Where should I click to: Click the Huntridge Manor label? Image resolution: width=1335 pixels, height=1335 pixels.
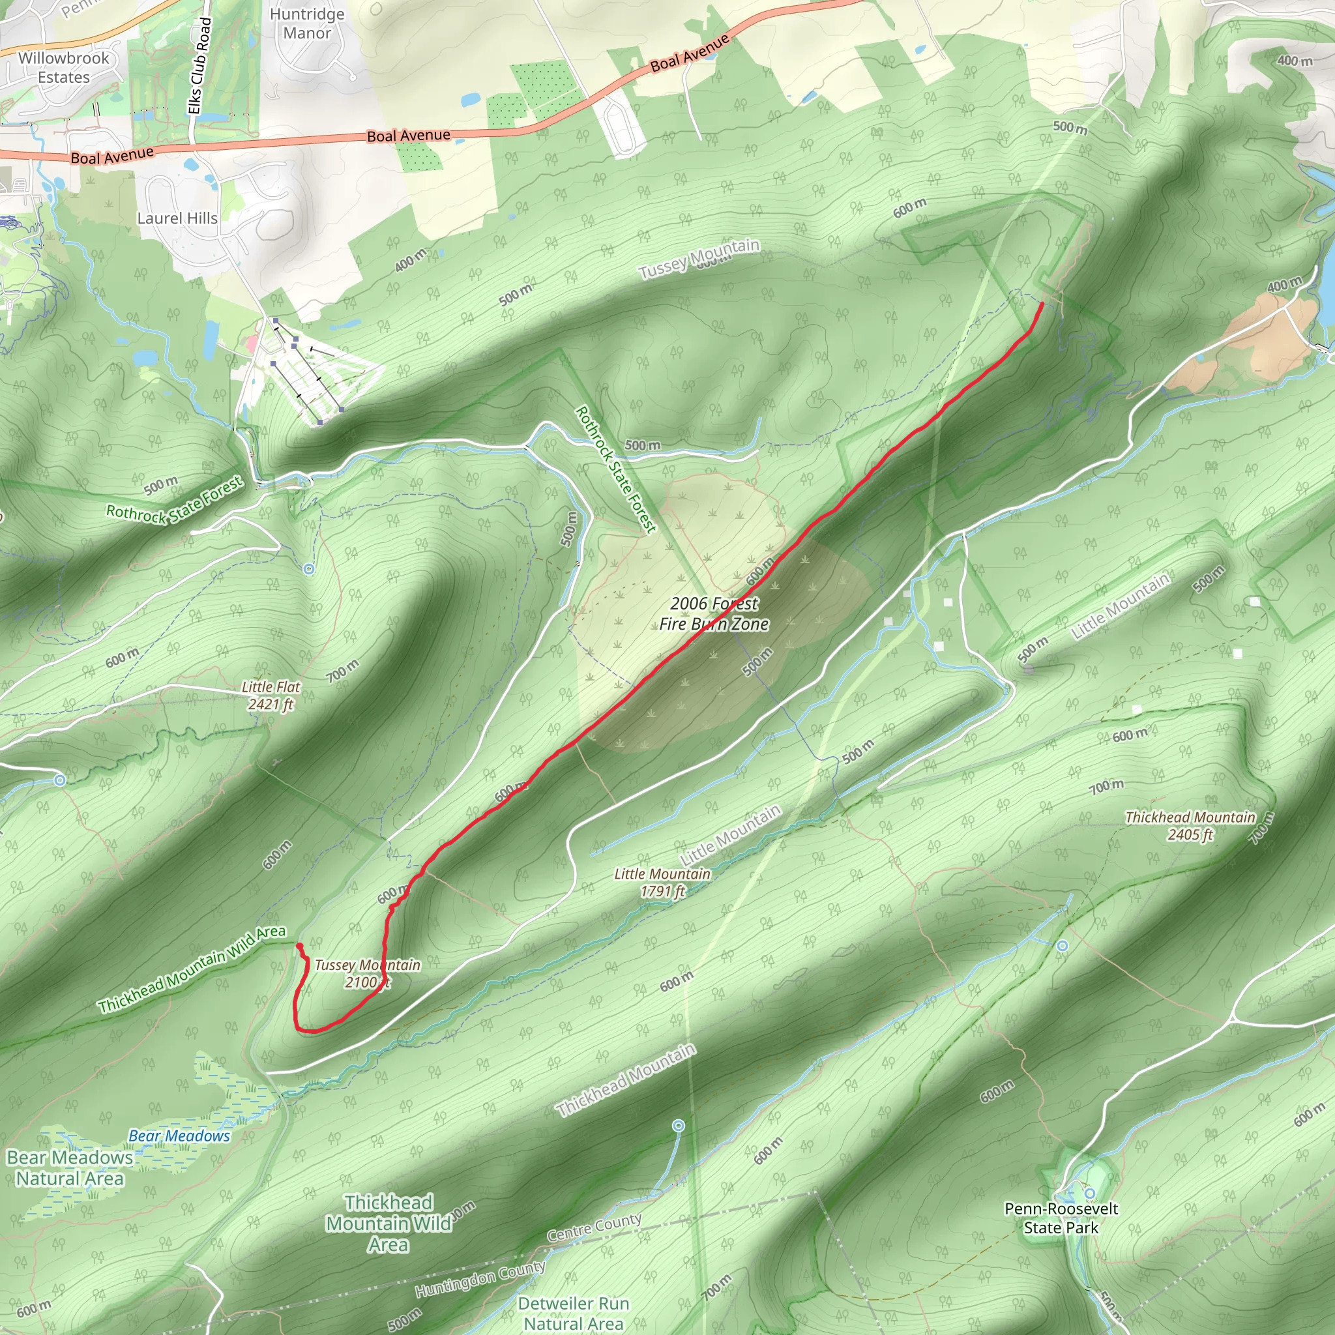(x=307, y=23)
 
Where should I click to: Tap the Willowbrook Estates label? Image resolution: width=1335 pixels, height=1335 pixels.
(x=64, y=68)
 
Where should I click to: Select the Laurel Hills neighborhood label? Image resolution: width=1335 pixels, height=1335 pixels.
(x=177, y=218)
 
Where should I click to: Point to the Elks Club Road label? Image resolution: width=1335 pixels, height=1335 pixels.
(x=199, y=66)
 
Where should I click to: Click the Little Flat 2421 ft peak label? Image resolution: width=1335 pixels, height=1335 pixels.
(x=271, y=695)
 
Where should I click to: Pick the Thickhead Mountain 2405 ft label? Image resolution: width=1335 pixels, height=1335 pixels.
(x=1190, y=826)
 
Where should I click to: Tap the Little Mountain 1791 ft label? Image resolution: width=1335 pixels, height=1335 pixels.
(x=662, y=883)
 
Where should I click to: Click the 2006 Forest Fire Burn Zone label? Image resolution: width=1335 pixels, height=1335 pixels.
(x=714, y=613)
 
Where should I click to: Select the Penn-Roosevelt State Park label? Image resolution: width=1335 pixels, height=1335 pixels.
(x=1061, y=1218)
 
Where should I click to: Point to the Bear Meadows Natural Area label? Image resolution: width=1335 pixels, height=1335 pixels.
(x=69, y=1167)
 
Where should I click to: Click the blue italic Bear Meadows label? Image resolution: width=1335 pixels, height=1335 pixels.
(x=179, y=1136)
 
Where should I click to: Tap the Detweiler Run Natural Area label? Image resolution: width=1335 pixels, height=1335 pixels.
(x=574, y=1313)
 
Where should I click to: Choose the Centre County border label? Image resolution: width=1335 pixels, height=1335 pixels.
(x=594, y=1227)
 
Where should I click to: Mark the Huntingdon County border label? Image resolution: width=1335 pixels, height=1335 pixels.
(x=480, y=1278)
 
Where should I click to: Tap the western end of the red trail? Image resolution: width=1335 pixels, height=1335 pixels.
(x=299, y=945)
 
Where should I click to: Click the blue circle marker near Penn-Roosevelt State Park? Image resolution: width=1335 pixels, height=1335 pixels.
(x=1090, y=1194)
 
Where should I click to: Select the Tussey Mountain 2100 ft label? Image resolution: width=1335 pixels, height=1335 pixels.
(x=367, y=973)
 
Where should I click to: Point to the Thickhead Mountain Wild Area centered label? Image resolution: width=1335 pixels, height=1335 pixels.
(x=389, y=1223)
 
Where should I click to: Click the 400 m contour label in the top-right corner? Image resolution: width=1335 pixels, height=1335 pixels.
(x=1294, y=61)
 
